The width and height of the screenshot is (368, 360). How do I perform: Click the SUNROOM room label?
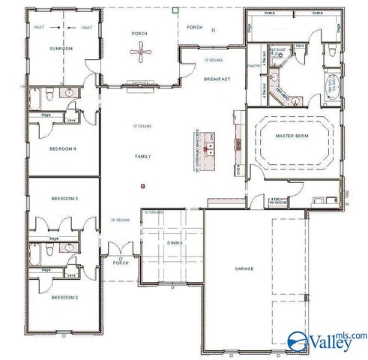click(x=61, y=48)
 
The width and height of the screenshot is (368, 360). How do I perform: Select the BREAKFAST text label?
click(x=216, y=79)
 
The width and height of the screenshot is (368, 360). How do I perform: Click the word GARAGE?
click(x=244, y=268)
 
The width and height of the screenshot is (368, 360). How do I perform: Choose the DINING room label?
click(x=175, y=242)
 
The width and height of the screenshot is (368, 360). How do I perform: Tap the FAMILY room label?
click(x=142, y=157)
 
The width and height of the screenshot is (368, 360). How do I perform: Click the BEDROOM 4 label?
click(x=64, y=148)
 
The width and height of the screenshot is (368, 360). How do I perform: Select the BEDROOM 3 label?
click(x=64, y=198)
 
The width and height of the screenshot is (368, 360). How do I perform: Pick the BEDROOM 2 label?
click(x=64, y=298)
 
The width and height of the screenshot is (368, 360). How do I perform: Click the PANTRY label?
click(x=255, y=66)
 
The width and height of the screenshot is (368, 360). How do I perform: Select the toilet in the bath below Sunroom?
click(x=47, y=94)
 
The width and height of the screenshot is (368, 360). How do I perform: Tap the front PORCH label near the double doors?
click(x=121, y=263)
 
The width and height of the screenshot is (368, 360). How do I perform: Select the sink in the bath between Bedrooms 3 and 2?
click(x=69, y=247)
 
